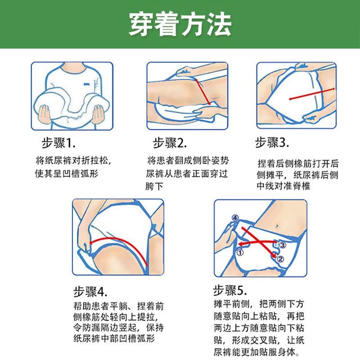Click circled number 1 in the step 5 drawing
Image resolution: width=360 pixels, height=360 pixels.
pyautogui.click(x=240, y=253)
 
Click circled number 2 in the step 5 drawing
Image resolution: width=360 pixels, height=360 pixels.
pyautogui.click(x=280, y=259)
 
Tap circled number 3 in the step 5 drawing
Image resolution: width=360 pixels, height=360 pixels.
pyautogui.click(x=282, y=245)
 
